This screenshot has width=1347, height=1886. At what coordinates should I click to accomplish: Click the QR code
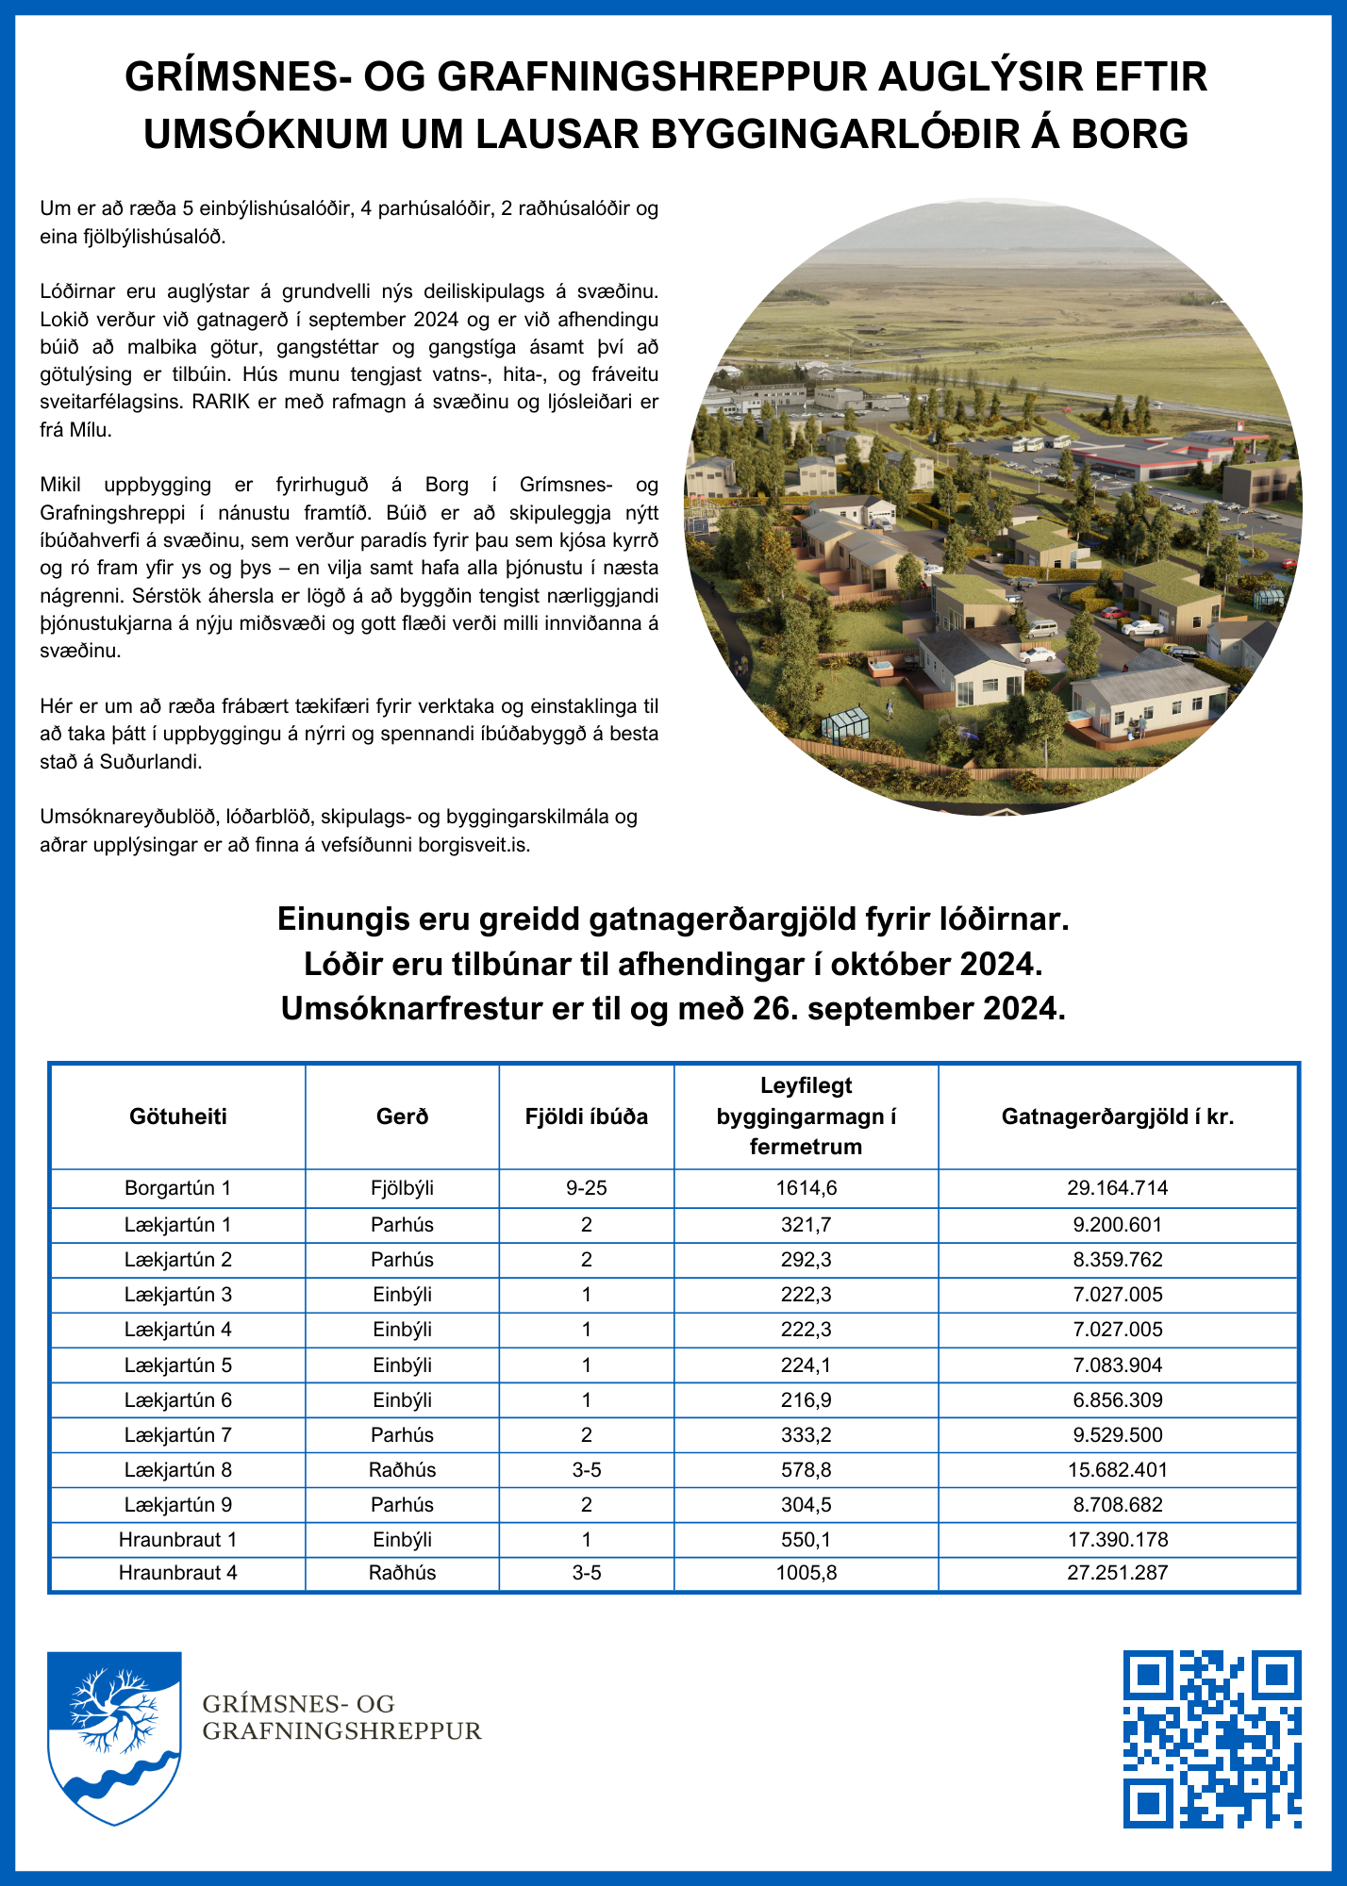click(1212, 1739)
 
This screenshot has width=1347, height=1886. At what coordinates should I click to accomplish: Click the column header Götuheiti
click(178, 1117)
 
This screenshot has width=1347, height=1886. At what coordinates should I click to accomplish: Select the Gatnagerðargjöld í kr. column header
click(1118, 1117)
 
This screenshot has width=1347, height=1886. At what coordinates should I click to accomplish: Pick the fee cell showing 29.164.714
click(1118, 1188)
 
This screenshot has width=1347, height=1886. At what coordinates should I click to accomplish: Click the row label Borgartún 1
click(178, 1188)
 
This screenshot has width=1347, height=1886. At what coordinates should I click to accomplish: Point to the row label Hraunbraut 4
click(178, 1573)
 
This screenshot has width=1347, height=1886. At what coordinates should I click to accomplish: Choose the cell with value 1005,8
click(807, 1573)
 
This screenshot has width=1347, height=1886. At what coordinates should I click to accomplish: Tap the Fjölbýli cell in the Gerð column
click(403, 1188)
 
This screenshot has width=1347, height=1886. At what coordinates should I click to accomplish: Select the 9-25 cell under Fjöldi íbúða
click(587, 1188)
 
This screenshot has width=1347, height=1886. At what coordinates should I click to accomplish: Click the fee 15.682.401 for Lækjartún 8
click(1118, 1470)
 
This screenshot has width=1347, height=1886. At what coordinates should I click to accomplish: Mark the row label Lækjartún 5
click(178, 1365)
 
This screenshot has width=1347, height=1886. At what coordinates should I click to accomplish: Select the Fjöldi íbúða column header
click(587, 1117)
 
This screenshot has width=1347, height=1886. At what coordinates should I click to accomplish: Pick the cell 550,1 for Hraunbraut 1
click(807, 1540)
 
